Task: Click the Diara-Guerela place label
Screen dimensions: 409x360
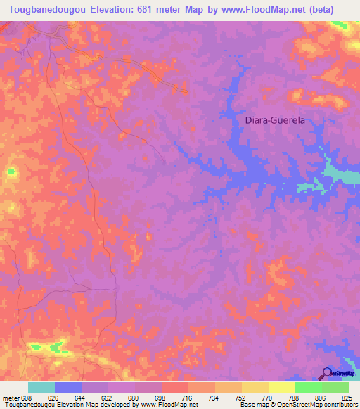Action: (x=275, y=120)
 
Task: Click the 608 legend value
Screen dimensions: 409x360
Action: (x=25, y=397)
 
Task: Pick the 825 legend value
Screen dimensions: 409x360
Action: (x=348, y=397)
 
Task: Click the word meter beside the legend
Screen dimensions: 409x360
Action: (x=9, y=397)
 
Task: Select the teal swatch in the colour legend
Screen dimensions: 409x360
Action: (x=41, y=387)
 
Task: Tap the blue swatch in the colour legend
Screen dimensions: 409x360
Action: (x=68, y=387)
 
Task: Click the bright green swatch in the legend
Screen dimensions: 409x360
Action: (x=308, y=387)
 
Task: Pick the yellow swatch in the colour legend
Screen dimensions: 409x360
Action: (x=281, y=387)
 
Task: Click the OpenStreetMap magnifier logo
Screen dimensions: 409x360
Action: (x=326, y=374)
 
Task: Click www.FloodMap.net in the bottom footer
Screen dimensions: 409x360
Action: (x=169, y=405)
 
